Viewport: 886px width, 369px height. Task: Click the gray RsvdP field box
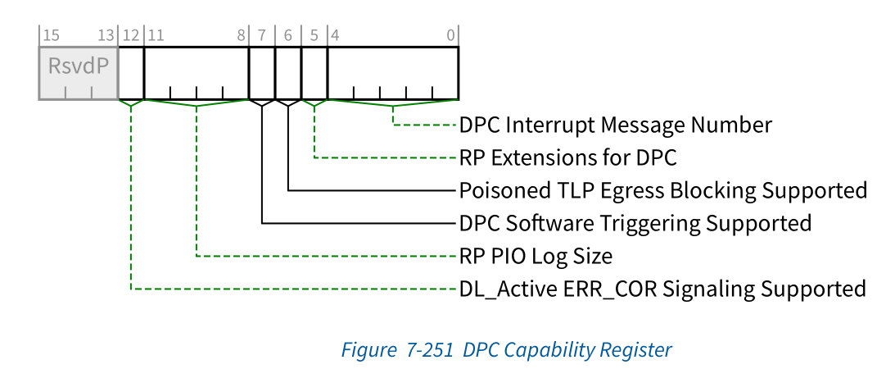click(79, 72)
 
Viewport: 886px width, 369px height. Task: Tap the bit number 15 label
click(50, 35)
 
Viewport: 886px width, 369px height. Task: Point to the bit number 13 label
click(106, 35)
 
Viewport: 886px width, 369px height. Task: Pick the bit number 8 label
click(242, 35)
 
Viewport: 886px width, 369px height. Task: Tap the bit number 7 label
click(262, 35)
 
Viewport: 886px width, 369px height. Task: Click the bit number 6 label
click(288, 35)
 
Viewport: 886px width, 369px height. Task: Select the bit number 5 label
click(314, 35)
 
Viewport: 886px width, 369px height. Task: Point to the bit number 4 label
click(334, 35)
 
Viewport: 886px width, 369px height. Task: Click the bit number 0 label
click(451, 35)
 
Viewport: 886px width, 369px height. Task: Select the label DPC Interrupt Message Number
click(615, 125)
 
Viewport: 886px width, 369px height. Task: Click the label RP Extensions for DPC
click(567, 157)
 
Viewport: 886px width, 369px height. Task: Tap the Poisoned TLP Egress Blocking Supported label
click(662, 190)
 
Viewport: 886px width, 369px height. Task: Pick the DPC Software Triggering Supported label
click(635, 223)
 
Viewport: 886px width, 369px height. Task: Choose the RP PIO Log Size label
click(536, 256)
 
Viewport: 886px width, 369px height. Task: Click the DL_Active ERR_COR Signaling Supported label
click(662, 289)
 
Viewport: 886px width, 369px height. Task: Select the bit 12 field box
click(131, 72)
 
